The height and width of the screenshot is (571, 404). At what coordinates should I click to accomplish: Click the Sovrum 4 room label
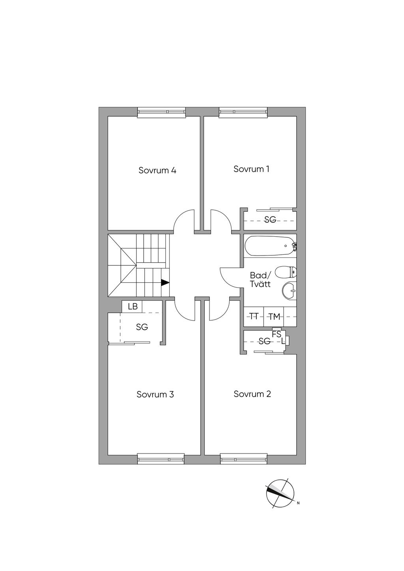point(157,170)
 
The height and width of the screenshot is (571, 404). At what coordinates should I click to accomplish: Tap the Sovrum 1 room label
point(251,169)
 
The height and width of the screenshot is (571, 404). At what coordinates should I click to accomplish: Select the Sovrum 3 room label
point(155,394)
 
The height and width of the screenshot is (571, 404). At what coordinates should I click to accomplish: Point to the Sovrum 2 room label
point(252,394)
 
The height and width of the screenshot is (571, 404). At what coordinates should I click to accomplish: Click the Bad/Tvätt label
point(260,280)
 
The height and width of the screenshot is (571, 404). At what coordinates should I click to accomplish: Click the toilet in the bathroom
point(286,272)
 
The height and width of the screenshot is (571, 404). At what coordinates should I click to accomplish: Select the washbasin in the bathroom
point(290,291)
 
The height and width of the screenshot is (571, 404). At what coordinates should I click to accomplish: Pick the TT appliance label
point(254,317)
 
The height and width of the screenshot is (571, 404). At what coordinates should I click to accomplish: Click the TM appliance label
point(274,317)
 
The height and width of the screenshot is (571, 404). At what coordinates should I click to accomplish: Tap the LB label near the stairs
point(133,306)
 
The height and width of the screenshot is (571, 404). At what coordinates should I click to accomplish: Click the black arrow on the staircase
point(165,283)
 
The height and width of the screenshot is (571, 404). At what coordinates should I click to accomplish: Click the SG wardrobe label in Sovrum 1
point(270,220)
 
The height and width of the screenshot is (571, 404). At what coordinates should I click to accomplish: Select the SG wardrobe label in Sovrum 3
point(142,327)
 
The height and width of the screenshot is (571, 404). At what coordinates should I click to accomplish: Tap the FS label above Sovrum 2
point(277,334)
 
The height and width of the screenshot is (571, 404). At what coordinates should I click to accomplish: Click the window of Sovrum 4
point(161,112)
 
